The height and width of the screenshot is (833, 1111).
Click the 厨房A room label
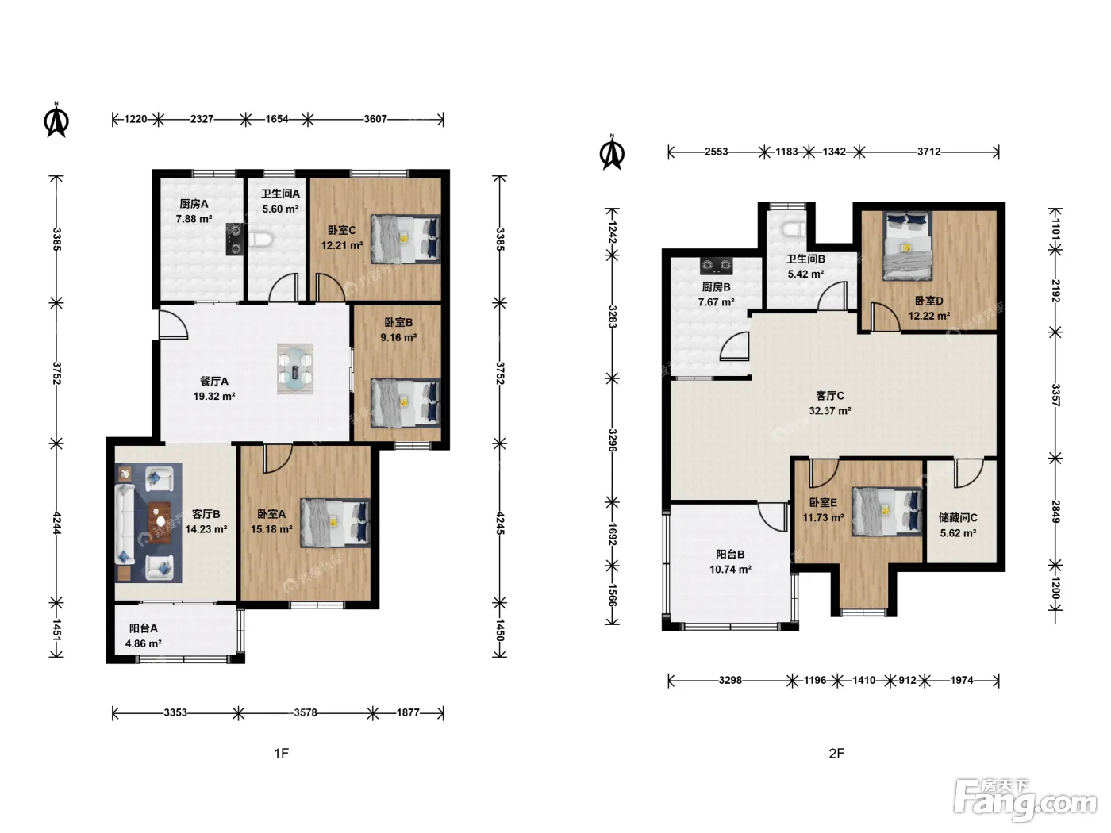(x=194, y=204)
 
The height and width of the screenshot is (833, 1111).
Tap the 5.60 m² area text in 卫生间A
(x=280, y=209)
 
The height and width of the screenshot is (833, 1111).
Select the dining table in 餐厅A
(x=295, y=369)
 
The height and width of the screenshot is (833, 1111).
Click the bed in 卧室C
(x=405, y=240)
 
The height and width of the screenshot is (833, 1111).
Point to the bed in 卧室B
(x=405, y=403)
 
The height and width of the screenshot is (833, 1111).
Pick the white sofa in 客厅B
(x=124, y=524)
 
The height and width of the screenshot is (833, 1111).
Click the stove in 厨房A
(x=235, y=239)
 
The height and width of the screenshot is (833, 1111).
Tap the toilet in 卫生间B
(x=794, y=229)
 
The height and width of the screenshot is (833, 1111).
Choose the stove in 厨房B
(x=716, y=265)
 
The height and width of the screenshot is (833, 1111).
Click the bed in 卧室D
(x=907, y=246)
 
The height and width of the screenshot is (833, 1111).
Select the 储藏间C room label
(x=958, y=517)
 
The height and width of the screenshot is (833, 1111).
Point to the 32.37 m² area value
(x=829, y=411)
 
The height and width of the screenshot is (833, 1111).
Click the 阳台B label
(x=730, y=555)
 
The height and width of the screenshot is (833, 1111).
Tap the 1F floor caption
(x=282, y=754)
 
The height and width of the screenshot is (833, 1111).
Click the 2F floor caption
(x=836, y=754)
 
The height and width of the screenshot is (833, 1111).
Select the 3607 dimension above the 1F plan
(x=375, y=119)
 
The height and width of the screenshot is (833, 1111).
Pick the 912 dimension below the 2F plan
(x=908, y=680)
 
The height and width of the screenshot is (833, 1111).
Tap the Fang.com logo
(x=1025, y=799)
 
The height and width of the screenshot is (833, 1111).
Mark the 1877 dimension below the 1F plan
(x=408, y=712)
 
